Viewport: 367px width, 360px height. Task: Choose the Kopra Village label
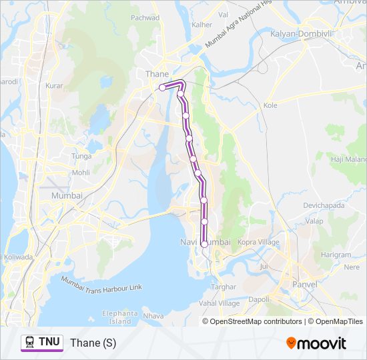[x=258, y=243]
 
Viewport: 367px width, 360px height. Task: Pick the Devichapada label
[x=324, y=206]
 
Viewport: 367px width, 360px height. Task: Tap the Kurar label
[x=53, y=86]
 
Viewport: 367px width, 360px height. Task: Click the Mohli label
[x=81, y=173]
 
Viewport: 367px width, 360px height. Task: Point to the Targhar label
[x=224, y=286]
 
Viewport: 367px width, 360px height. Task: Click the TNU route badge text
[x=49, y=343]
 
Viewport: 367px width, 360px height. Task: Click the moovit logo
[x=316, y=343]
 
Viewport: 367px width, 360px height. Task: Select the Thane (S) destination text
[x=93, y=343]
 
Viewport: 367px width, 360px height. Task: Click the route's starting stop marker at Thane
[x=162, y=87]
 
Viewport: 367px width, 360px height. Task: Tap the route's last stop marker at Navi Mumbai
[x=204, y=245]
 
